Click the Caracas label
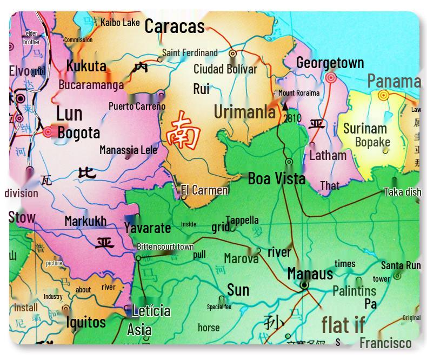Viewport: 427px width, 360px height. (174, 26)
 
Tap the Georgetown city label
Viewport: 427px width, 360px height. (330, 63)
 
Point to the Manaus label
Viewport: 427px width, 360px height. (310, 274)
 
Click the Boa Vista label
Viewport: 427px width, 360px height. (276, 178)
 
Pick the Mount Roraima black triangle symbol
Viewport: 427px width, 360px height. (285, 106)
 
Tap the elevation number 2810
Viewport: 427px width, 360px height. (292, 118)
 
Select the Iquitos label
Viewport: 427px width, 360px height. (85, 322)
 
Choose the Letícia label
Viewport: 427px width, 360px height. (151, 311)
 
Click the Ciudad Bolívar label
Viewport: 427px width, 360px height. (225, 69)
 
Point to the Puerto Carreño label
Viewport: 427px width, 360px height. (137, 106)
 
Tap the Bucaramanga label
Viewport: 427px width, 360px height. (91, 84)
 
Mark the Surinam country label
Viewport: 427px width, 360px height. (365, 129)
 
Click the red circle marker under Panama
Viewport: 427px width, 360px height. (383, 96)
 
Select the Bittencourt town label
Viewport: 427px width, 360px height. (165, 247)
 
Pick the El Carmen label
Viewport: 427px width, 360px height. (204, 190)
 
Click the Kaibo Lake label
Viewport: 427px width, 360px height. (120, 23)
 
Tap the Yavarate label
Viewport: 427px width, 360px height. (147, 228)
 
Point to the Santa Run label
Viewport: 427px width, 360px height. (401, 265)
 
